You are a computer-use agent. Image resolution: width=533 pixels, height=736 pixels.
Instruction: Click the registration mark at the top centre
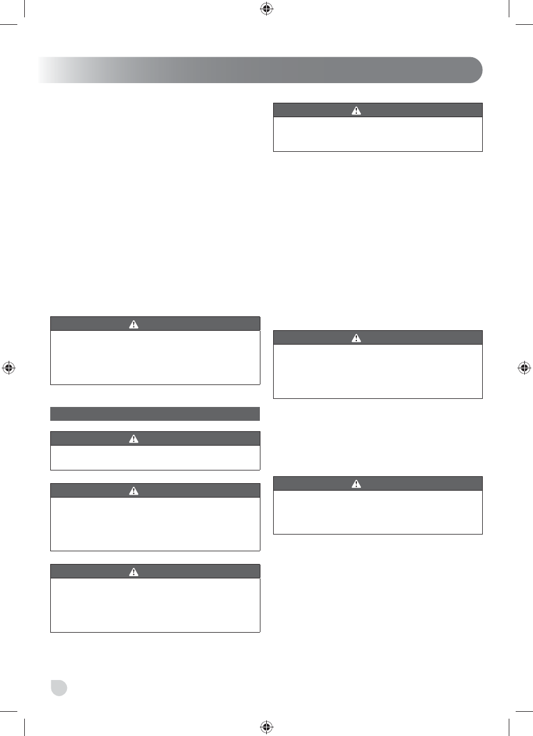point(266,9)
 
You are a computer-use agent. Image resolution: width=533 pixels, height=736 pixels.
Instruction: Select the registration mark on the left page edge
point(9,367)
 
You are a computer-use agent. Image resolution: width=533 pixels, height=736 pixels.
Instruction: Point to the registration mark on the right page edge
point(523,367)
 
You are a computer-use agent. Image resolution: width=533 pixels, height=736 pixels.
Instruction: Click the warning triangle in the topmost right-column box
point(356,110)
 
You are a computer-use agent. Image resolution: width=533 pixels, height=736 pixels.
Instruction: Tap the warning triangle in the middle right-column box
point(356,338)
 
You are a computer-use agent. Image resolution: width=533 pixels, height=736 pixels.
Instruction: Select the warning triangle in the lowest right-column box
point(356,484)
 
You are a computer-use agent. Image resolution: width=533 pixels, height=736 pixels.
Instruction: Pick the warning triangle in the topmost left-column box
point(134,324)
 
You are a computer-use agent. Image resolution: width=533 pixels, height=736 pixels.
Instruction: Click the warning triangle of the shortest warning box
point(134,439)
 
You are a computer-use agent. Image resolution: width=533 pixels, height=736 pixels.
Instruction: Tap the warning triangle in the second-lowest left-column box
point(134,491)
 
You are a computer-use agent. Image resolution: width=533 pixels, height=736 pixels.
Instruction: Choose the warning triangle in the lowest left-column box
point(134,571)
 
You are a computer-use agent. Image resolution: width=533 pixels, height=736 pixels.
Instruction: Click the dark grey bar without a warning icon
point(155,414)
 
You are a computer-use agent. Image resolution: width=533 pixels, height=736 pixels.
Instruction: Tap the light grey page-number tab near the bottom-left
point(58,688)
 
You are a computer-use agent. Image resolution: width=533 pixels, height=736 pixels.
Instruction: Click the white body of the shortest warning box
point(155,458)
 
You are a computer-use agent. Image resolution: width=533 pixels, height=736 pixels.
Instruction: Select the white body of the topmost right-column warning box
point(377,135)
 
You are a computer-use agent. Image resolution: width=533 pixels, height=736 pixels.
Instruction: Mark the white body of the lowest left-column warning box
point(155,606)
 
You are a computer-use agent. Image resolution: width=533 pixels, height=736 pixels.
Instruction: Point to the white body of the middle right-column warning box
point(377,371)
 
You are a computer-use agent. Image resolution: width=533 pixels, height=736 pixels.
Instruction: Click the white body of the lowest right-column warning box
point(377,512)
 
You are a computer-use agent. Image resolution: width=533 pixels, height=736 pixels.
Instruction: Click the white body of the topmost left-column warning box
point(155,357)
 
